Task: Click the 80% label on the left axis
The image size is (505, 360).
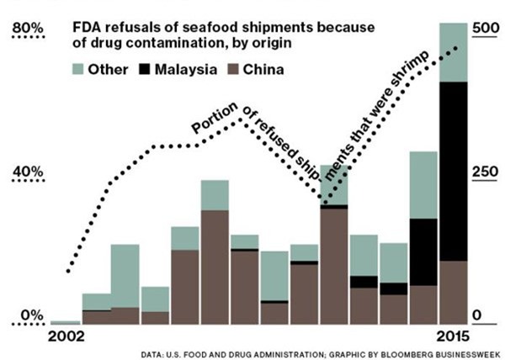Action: click(24, 30)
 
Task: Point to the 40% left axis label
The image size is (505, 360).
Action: click(24, 172)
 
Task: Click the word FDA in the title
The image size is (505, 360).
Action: click(88, 27)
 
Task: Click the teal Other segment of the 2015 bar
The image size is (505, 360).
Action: click(454, 52)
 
